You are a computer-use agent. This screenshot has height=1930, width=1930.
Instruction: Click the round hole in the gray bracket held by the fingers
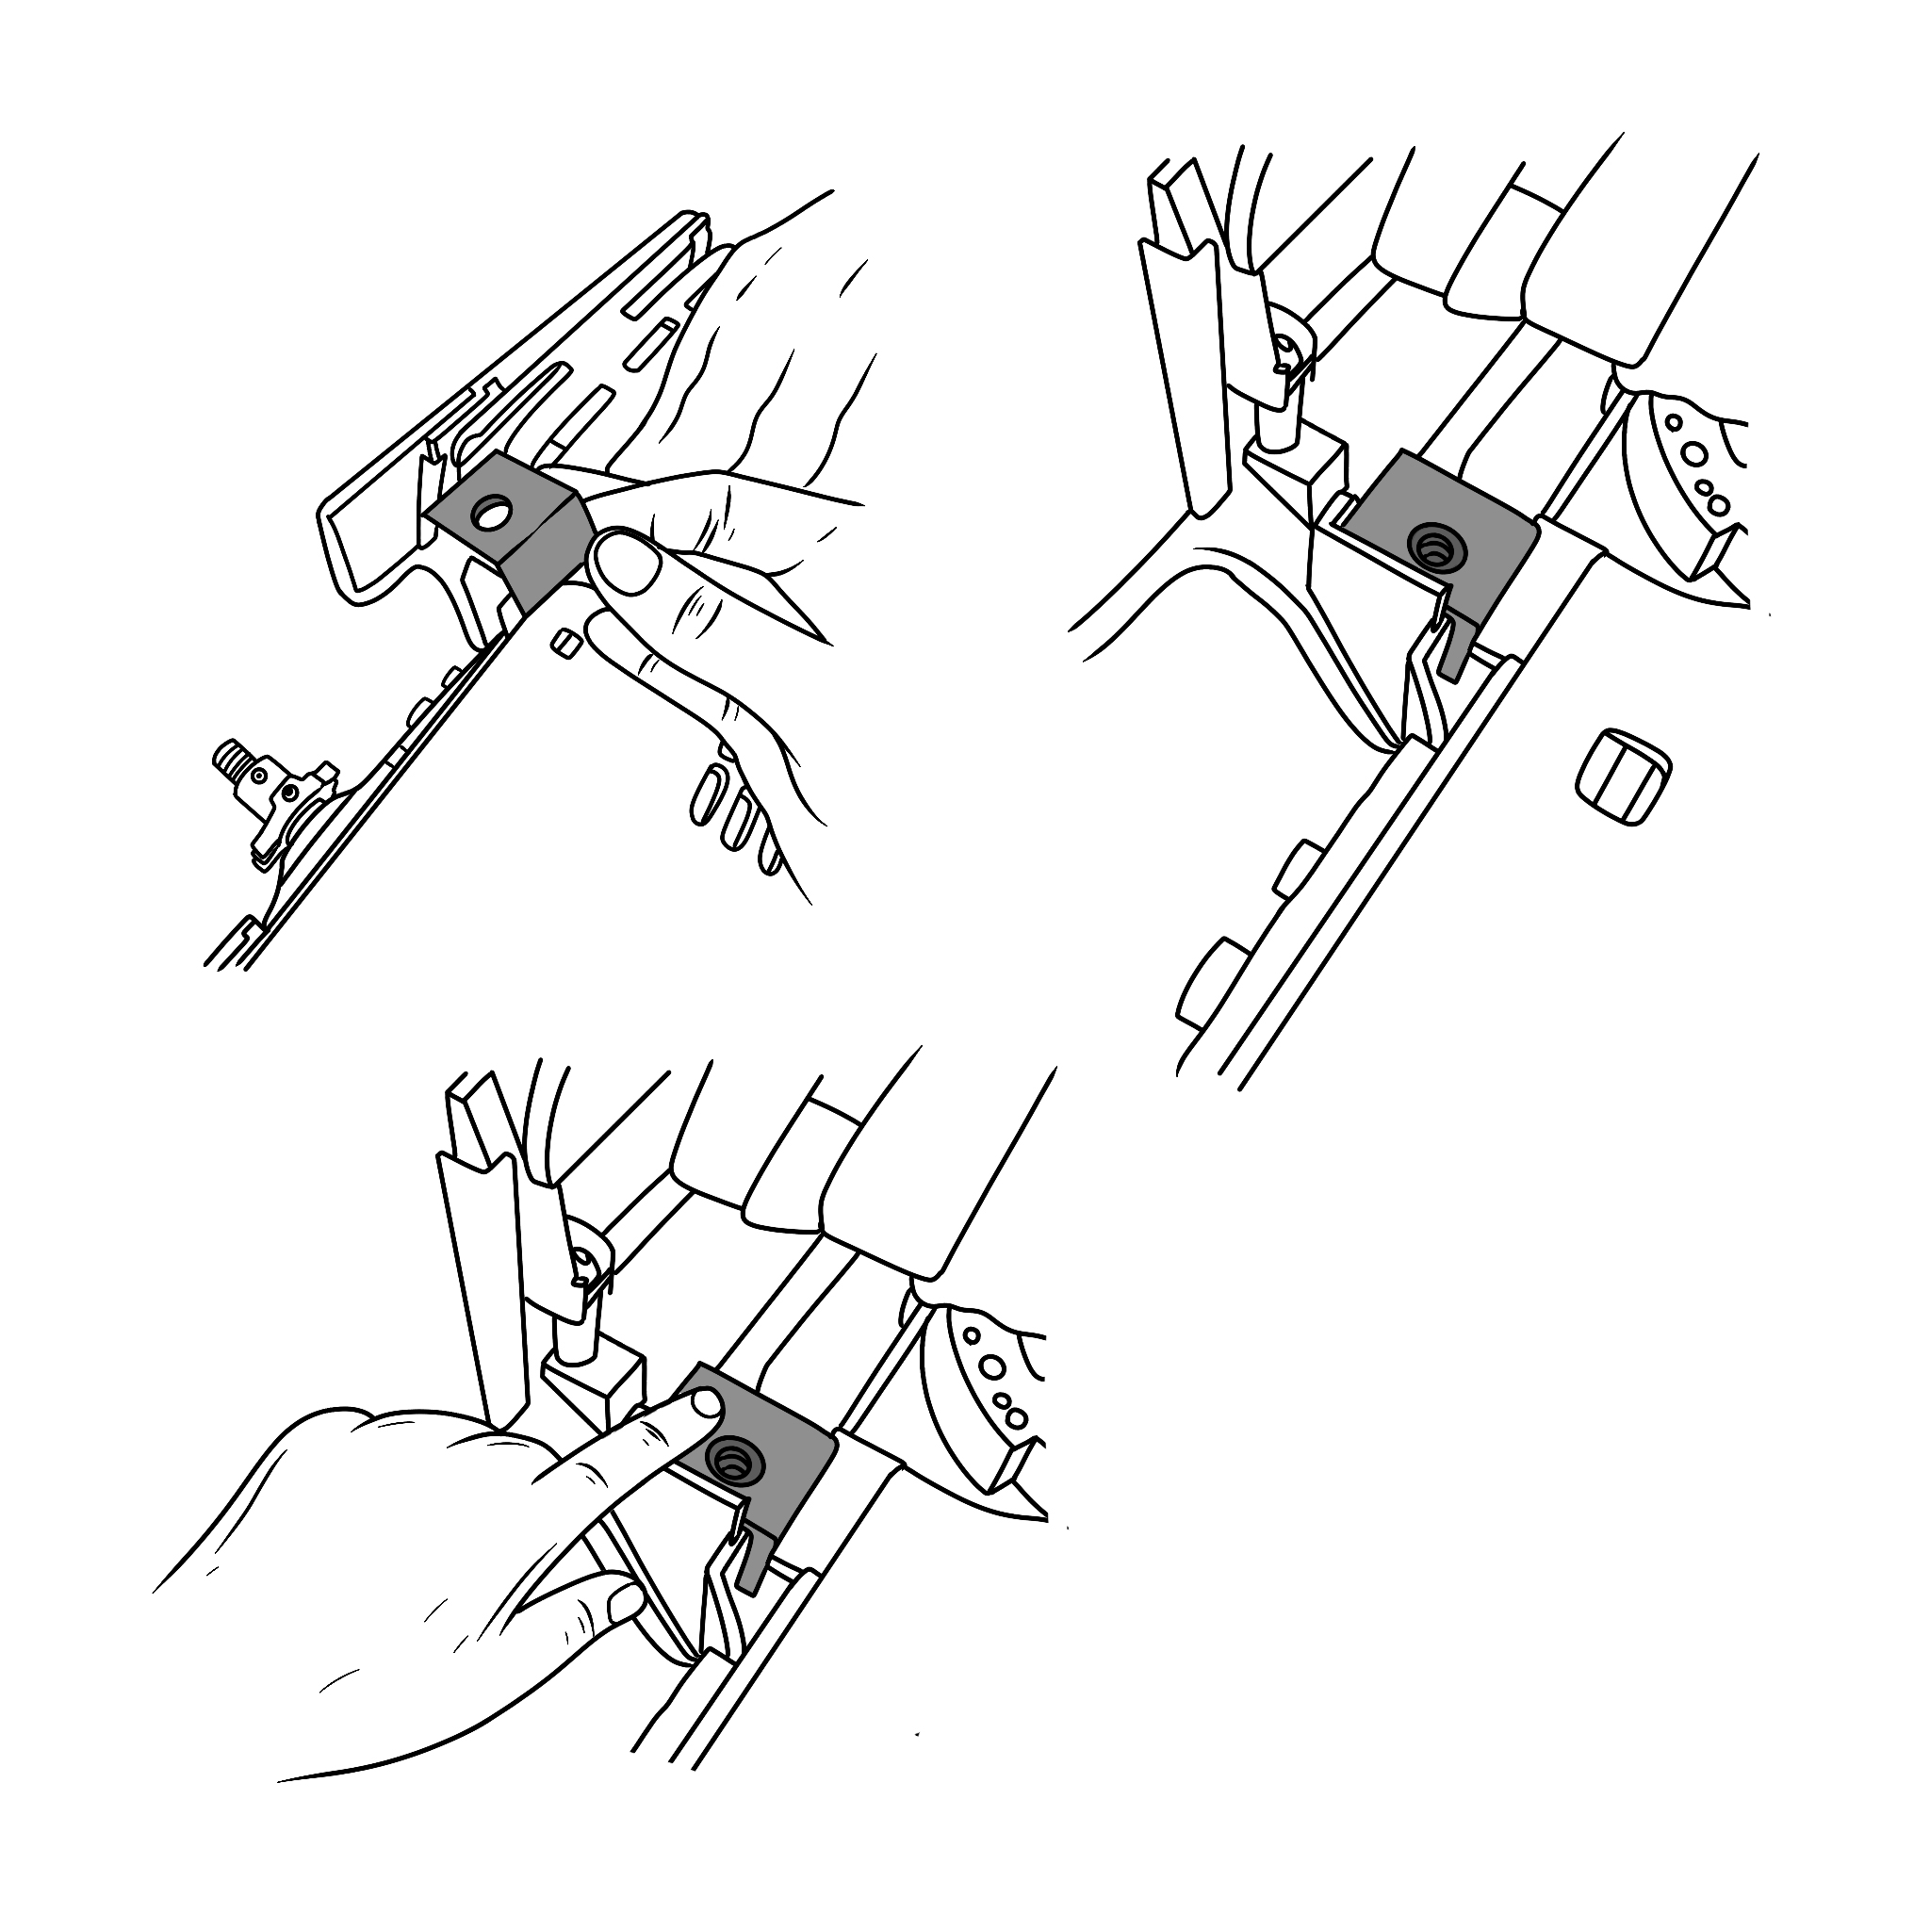pyautogui.click(x=493, y=515)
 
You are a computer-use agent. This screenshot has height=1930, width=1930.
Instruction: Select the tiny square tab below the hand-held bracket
pyautogui.click(x=565, y=643)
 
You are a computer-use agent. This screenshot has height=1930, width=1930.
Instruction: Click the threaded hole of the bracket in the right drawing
pyautogui.click(x=1430, y=546)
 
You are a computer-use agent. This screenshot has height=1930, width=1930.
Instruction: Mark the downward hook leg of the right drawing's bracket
pyautogui.click(x=1457, y=651)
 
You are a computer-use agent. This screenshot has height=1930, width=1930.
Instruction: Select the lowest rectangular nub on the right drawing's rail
pyautogui.click(x=1208, y=981)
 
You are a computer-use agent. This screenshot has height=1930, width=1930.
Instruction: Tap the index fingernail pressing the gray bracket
pyautogui.click(x=705, y=1403)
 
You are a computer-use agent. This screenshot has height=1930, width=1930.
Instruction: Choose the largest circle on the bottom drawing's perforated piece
pyautogui.click(x=993, y=1366)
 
